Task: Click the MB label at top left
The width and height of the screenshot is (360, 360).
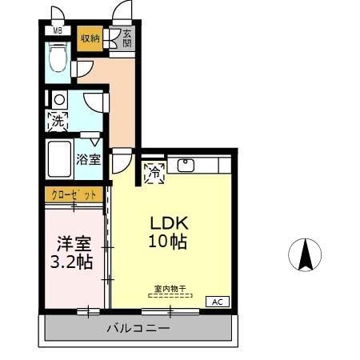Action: coord(56,31)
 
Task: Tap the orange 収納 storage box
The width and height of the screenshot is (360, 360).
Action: coord(90,38)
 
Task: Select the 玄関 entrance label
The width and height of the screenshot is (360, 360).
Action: coord(127,38)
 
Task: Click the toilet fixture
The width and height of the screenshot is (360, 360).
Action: coord(58,57)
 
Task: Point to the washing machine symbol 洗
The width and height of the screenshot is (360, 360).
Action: coord(58,122)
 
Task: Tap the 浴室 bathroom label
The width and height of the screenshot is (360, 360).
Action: coord(89,158)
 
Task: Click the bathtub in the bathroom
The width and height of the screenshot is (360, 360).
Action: coord(58,160)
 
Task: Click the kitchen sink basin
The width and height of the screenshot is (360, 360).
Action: coord(185,166)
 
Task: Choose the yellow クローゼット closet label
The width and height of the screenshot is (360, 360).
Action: coord(74,194)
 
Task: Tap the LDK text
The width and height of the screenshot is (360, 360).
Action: coord(167,224)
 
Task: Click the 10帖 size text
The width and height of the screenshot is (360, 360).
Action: coord(167,242)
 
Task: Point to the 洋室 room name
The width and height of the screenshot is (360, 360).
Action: coord(73,243)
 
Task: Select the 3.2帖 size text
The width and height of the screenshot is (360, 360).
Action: coord(73,262)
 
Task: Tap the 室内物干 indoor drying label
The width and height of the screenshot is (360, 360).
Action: coord(170,288)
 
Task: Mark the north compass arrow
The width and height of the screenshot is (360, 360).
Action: coord(305,255)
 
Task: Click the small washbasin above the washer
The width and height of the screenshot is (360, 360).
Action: coord(58,100)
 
